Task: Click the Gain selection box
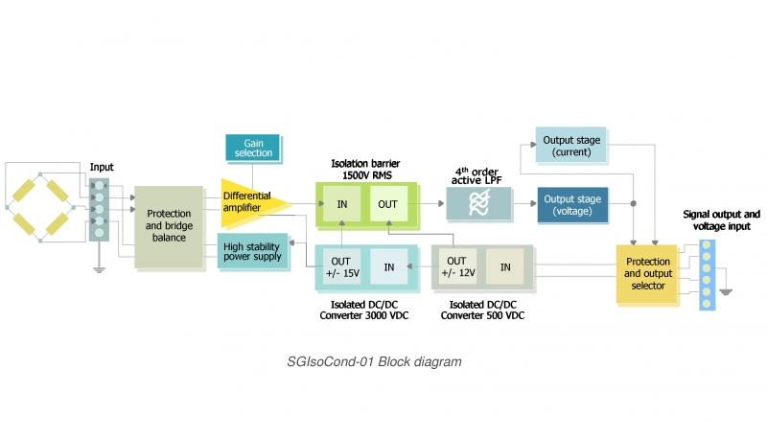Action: click(x=252, y=148)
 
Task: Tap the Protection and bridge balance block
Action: click(x=169, y=226)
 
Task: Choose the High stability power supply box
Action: click(x=252, y=251)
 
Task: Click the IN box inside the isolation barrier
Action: click(x=341, y=203)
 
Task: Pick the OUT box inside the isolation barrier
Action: click(x=387, y=203)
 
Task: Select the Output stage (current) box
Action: click(x=571, y=146)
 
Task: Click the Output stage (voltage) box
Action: click(x=571, y=205)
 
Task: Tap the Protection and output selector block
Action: click(x=647, y=274)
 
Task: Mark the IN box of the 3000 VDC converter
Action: click(x=389, y=266)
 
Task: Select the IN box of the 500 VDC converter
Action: click(x=504, y=266)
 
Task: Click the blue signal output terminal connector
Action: click(x=707, y=274)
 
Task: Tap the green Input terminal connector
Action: click(x=98, y=207)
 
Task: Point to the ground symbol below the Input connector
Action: click(x=98, y=270)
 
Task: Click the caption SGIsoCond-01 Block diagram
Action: click(x=374, y=362)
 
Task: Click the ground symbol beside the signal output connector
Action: click(x=727, y=290)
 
